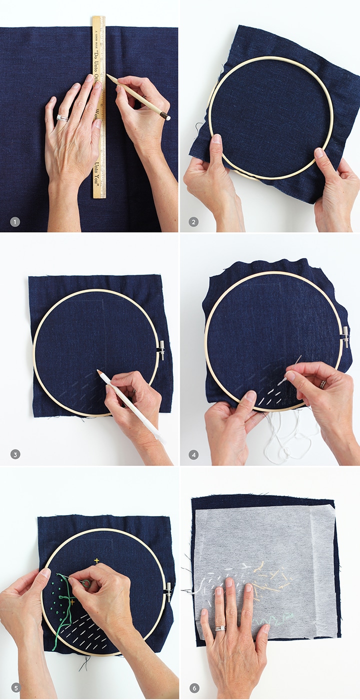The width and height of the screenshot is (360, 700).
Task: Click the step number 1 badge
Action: coord(15,221)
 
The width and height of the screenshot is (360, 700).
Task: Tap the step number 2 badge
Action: coord(194,221)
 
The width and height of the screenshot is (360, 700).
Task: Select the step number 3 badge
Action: coord(15,454)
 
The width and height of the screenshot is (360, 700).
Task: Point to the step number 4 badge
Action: coord(194,454)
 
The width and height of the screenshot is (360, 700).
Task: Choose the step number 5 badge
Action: coord(15,688)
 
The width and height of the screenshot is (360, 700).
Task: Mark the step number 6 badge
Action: coord(194,688)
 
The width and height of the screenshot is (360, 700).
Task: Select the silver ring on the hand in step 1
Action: coord(62,118)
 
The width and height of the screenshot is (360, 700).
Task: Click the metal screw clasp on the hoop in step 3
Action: coord(161,350)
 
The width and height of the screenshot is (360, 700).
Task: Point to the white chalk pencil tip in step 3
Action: coord(99,372)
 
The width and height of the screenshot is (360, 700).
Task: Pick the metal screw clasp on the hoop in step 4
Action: coord(345,336)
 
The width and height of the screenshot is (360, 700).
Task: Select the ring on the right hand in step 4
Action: coord(323,384)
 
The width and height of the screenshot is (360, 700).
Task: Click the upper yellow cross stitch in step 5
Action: coord(96,560)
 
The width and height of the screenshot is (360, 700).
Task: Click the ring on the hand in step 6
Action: coord(219,628)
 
